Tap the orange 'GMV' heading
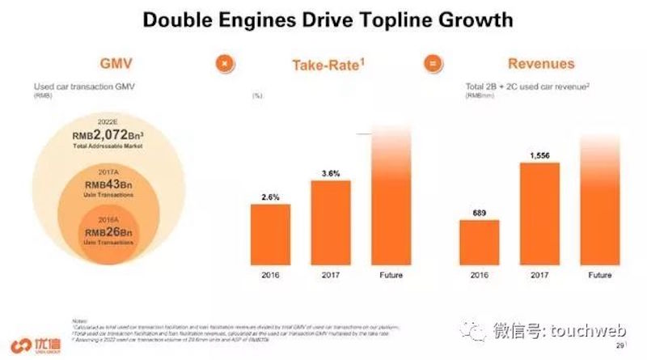tap(116, 64)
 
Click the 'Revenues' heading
tap(541, 64)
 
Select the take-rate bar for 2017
tap(331, 222)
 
